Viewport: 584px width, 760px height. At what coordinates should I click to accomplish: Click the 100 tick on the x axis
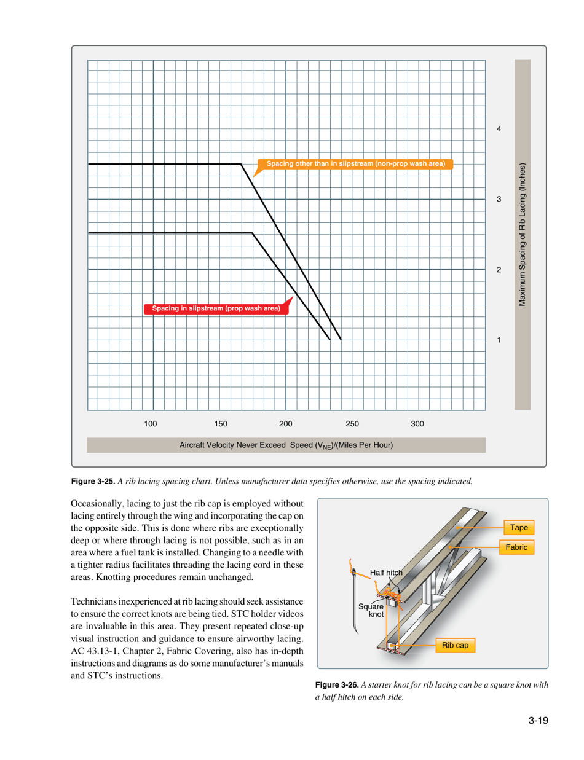tap(151, 423)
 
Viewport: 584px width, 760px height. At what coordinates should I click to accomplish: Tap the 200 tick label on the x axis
tap(285, 423)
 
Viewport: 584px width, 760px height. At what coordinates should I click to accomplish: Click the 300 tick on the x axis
tap(417, 423)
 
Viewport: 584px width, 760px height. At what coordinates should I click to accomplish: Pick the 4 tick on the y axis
tap(499, 130)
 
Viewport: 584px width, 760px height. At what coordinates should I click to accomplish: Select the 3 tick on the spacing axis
tap(499, 200)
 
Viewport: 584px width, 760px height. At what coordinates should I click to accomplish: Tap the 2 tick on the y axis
tap(499, 270)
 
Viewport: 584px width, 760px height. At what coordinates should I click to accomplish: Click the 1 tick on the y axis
tap(499, 340)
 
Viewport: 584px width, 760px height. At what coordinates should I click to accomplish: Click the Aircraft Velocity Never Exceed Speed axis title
tap(286, 444)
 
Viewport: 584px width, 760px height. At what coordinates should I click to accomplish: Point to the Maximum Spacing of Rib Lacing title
tap(522, 235)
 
